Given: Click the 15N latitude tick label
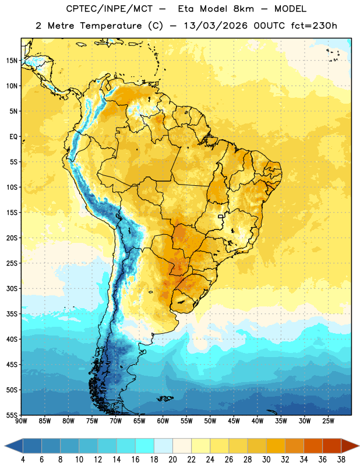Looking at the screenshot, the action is coord(12,61).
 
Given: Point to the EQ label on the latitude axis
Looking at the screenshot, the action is coord(13,137).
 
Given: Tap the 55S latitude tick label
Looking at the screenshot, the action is coord(12,415).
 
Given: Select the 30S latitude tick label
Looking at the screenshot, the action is coord(12,288).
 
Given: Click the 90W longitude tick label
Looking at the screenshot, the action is coord(21,421).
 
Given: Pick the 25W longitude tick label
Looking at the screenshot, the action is coord(328,421).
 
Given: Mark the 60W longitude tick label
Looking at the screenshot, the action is coord(163,421).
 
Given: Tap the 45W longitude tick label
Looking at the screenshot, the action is coord(234,421).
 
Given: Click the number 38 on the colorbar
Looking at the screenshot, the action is coord(341,460).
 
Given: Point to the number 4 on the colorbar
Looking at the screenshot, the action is coord(23,460).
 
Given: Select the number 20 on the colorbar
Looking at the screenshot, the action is coord(172,460).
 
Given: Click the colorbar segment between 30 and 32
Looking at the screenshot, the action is coord(276,446).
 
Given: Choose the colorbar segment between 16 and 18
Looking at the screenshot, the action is coord(144,446).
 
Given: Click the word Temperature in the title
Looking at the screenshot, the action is coord(111,26).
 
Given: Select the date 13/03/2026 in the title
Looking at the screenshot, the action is coord(216,26).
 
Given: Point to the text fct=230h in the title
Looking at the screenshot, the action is coord(314,26).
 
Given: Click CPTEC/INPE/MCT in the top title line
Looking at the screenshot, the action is coord(110,9).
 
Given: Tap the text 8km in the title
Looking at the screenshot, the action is coord(243,9).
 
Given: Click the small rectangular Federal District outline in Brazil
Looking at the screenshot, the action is coord(221,216).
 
